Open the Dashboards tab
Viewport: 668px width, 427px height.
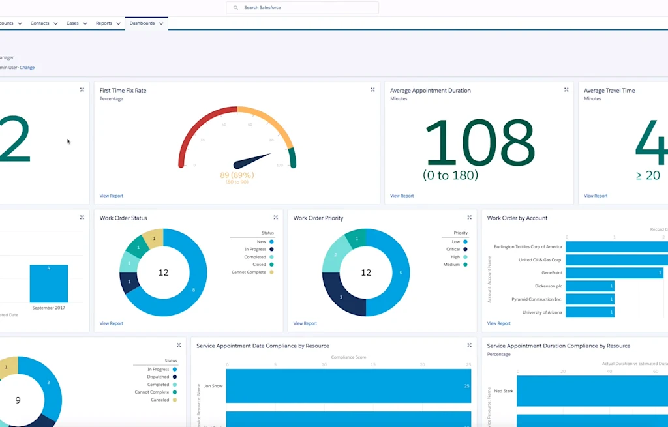pyautogui.click(x=142, y=23)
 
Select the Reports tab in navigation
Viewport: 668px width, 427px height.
pyautogui.click(x=104, y=23)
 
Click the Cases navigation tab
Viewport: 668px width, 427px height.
pyautogui.click(x=72, y=23)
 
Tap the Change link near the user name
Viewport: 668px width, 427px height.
pyautogui.click(x=27, y=68)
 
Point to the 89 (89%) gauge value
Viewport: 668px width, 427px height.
pyautogui.click(x=237, y=175)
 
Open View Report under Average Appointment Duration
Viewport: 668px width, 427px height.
pyautogui.click(x=402, y=196)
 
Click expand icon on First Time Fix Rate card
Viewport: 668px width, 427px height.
pyautogui.click(x=372, y=90)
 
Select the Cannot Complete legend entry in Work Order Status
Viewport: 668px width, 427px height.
pyautogui.click(x=249, y=272)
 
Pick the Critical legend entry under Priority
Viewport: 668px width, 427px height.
pyautogui.click(x=453, y=249)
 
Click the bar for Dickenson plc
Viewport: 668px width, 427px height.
pyautogui.click(x=590, y=286)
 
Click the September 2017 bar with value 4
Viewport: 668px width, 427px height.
pyautogui.click(x=48, y=284)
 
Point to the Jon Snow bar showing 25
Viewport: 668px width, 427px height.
pyautogui.click(x=348, y=386)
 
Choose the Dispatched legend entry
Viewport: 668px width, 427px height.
pyautogui.click(x=158, y=377)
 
